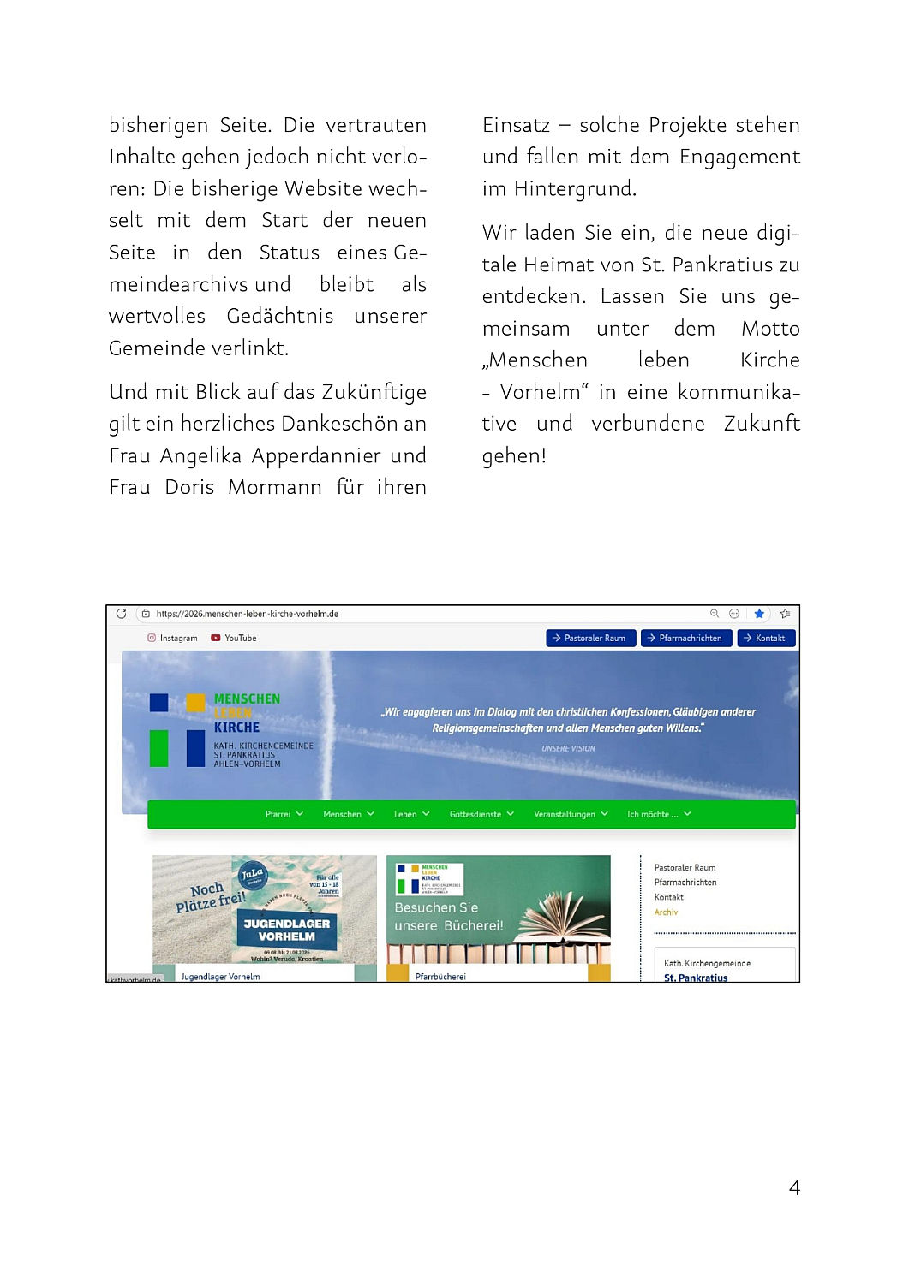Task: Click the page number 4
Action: click(x=793, y=1187)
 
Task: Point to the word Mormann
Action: click(x=274, y=488)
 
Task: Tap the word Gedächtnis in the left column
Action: click(x=280, y=317)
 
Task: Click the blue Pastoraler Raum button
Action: click(x=590, y=638)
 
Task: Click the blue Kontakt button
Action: click(x=764, y=638)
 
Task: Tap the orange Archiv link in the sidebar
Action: click(x=666, y=912)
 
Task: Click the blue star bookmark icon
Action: click(x=759, y=614)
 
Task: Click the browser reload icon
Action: click(x=122, y=614)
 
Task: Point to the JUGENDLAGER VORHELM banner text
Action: click(x=286, y=930)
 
